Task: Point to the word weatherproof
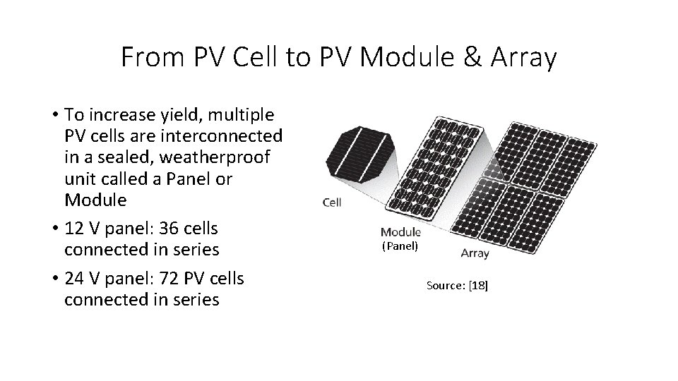click(234, 157)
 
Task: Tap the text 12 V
click(81, 229)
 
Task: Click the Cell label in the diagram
click(332, 202)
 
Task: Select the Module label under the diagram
click(400, 231)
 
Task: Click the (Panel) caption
click(400, 246)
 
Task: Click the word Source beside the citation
click(446, 285)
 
